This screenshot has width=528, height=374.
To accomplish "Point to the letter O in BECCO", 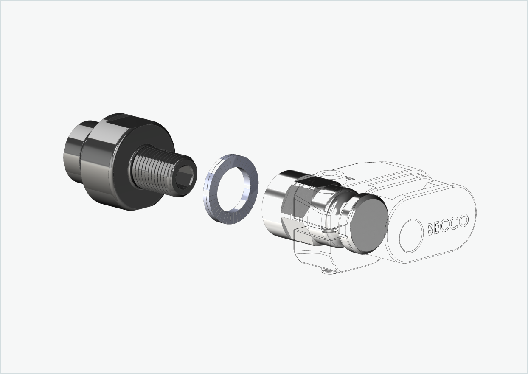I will click(463, 220).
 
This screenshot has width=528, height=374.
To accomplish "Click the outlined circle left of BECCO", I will click(411, 236).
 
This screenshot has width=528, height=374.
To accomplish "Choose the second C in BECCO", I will click(455, 223).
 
